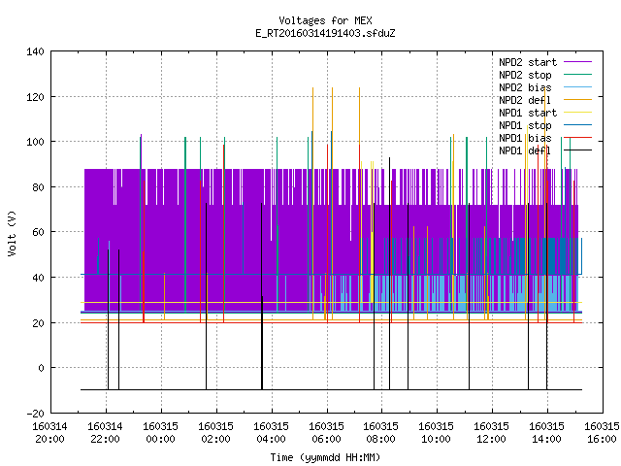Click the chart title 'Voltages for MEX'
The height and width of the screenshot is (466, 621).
coord(325,20)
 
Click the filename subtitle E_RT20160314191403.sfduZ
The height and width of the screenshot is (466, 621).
coord(325,33)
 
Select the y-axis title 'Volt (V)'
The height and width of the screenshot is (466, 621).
coord(12,233)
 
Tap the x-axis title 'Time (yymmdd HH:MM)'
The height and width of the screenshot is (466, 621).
coord(325,457)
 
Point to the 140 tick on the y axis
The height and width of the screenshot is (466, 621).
coord(35,51)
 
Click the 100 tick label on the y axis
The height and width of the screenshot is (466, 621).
coord(35,142)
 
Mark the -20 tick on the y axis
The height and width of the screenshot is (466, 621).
coord(35,414)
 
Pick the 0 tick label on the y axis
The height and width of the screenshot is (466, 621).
coord(41,368)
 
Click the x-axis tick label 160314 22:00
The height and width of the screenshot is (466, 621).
coord(106,433)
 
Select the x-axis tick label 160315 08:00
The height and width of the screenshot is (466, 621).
coord(381,433)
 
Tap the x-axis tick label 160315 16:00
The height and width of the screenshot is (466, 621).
coord(602,433)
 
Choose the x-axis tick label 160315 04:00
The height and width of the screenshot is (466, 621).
coord(271,433)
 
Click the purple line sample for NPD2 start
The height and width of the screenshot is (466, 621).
coord(578,62)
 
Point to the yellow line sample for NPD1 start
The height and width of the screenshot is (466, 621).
coord(578,113)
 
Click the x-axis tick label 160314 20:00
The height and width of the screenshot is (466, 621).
coord(49,433)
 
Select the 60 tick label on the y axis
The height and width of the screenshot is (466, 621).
coord(39,232)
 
